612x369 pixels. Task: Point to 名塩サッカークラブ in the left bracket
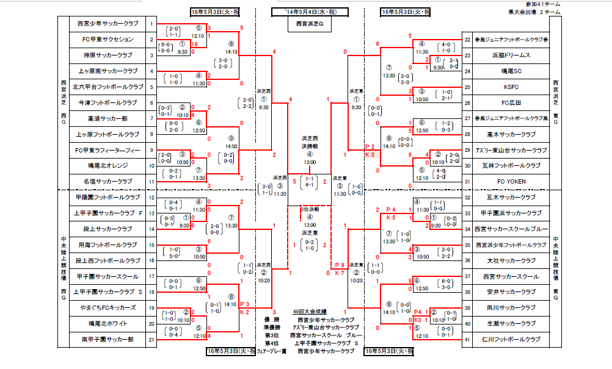(107, 182)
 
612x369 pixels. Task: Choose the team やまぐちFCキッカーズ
(107, 308)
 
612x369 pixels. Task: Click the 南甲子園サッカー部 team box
(107, 339)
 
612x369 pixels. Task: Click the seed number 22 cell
(467, 40)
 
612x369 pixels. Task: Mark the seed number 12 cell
(151, 198)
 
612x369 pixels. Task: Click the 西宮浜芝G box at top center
(309, 24)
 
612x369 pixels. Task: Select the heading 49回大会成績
(309, 312)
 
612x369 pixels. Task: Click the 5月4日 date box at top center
(309, 12)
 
